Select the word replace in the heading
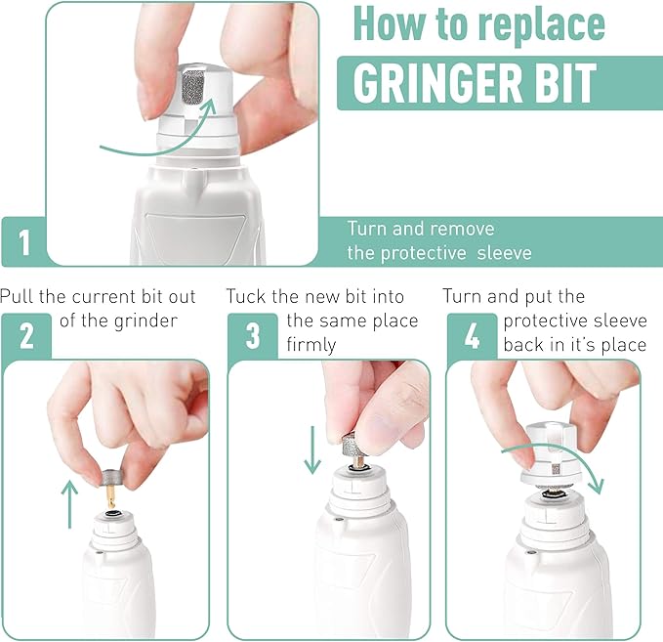(x=542, y=25)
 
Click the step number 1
(x=24, y=242)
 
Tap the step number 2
(x=26, y=335)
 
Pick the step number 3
(x=253, y=335)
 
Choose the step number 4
(x=472, y=335)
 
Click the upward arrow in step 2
(x=69, y=503)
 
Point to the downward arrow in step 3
(x=312, y=449)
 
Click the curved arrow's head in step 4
(x=597, y=486)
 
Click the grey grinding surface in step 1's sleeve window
(x=192, y=87)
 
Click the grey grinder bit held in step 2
(x=112, y=478)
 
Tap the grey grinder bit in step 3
(x=351, y=444)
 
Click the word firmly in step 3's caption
(x=311, y=345)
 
